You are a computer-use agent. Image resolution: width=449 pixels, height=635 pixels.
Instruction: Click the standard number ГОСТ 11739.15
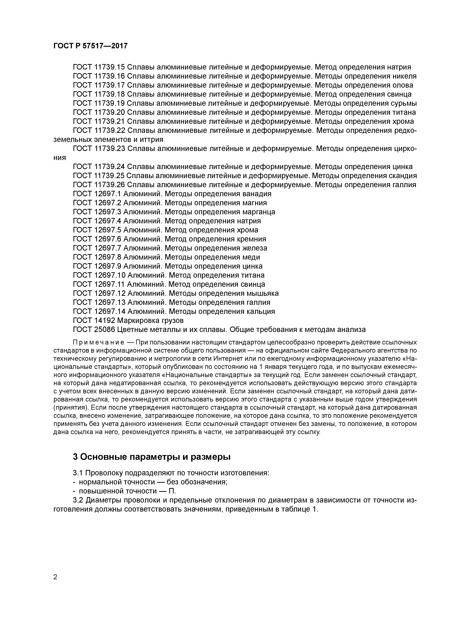click(99, 67)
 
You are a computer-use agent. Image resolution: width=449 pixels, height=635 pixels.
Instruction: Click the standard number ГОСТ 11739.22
click(99, 131)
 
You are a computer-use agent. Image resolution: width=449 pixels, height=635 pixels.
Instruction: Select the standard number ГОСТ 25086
click(94, 330)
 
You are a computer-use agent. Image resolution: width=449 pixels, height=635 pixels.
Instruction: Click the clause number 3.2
click(78, 500)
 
